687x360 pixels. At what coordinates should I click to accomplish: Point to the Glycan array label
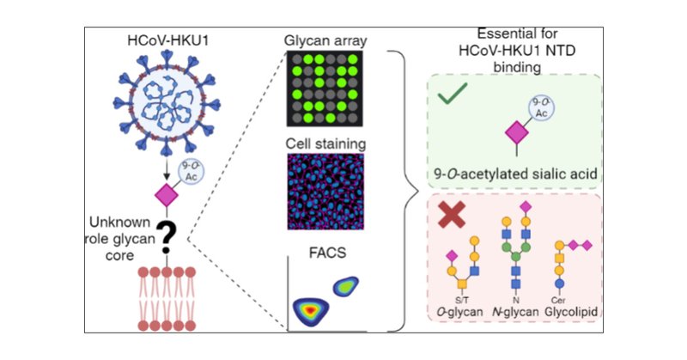point(326,40)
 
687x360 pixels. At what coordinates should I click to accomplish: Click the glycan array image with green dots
point(325,89)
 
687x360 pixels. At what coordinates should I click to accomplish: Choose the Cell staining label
point(325,141)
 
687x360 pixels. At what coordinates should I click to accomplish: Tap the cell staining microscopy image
point(325,190)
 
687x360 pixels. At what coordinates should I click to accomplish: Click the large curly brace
point(403,190)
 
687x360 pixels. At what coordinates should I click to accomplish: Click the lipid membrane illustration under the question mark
point(165,299)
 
